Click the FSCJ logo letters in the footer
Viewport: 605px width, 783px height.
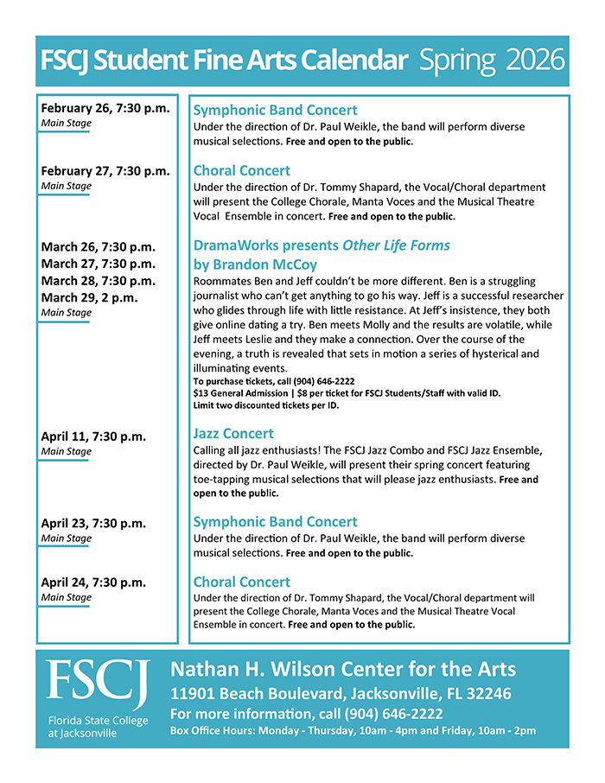coord(98,683)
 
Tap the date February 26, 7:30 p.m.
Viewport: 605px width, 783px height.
coord(105,109)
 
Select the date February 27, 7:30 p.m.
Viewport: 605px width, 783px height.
coord(105,171)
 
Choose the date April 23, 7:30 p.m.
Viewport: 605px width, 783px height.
coord(93,523)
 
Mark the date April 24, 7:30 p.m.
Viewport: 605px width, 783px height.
coord(93,582)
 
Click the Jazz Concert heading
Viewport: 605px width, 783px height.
coord(233,434)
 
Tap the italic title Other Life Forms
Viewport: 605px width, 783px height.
coord(397,245)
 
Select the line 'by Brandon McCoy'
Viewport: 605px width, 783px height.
coord(255,264)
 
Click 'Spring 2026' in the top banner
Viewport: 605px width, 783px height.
coord(492,60)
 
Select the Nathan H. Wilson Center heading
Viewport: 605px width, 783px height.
coord(343,670)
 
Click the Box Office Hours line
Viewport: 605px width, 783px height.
coord(353,731)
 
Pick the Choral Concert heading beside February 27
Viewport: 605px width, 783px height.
coord(242,171)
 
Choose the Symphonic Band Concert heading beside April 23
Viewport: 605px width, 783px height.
coord(275,522)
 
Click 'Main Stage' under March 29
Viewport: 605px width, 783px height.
coord(66,313)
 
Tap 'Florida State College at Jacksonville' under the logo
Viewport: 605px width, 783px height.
coord(98,727)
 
